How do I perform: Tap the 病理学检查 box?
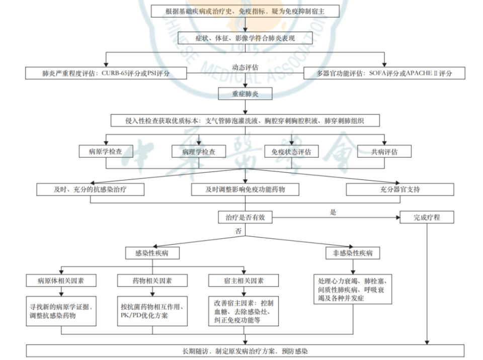198,151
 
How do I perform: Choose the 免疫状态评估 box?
291,151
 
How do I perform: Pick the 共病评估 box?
384,151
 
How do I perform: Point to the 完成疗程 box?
427,217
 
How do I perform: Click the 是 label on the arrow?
333,212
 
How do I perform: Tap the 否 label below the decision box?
238,231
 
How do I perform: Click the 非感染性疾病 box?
353,253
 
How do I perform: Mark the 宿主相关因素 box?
244,280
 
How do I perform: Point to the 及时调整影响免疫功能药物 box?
245,190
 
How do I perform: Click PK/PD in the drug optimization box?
131,316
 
